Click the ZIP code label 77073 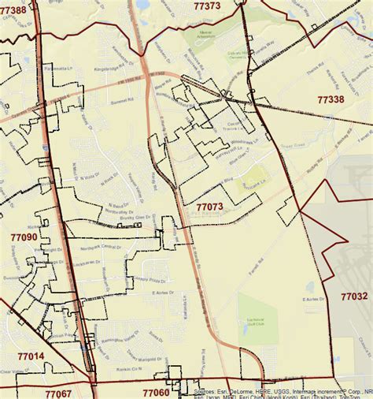210,207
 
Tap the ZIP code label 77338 331,100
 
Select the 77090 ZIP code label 24,237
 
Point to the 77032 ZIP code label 354,296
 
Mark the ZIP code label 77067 57,393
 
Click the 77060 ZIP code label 156,392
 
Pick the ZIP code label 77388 13,10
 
